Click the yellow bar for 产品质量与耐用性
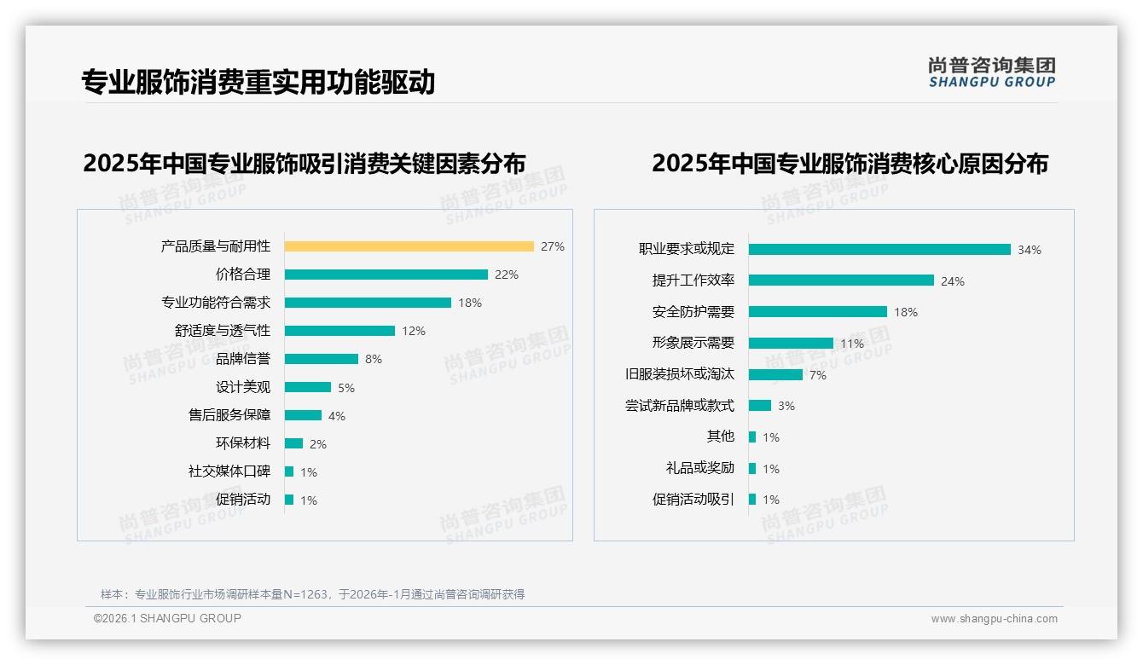pos(409,246)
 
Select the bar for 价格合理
pos(386,275)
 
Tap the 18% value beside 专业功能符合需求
pos(470,303)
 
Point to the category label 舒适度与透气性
pos(223,331)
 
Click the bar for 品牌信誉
pos(321,359)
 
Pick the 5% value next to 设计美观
pos(346,388)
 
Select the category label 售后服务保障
pos(229,415)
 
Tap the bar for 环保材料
pos(293,443)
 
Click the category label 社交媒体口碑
pos(229,471)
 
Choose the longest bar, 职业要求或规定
pos(879,249)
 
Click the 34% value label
pos(1030,250)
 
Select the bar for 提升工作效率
pos(841,280)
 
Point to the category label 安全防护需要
pos(693,312)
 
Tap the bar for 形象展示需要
pos(791,343)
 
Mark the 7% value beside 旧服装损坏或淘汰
pos(818,375)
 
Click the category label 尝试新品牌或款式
pos(680,406)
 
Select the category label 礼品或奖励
pos(700,468)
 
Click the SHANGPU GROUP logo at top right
pos(992,72)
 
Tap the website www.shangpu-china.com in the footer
pos(994,619)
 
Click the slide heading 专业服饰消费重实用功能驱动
pos(258,82)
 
